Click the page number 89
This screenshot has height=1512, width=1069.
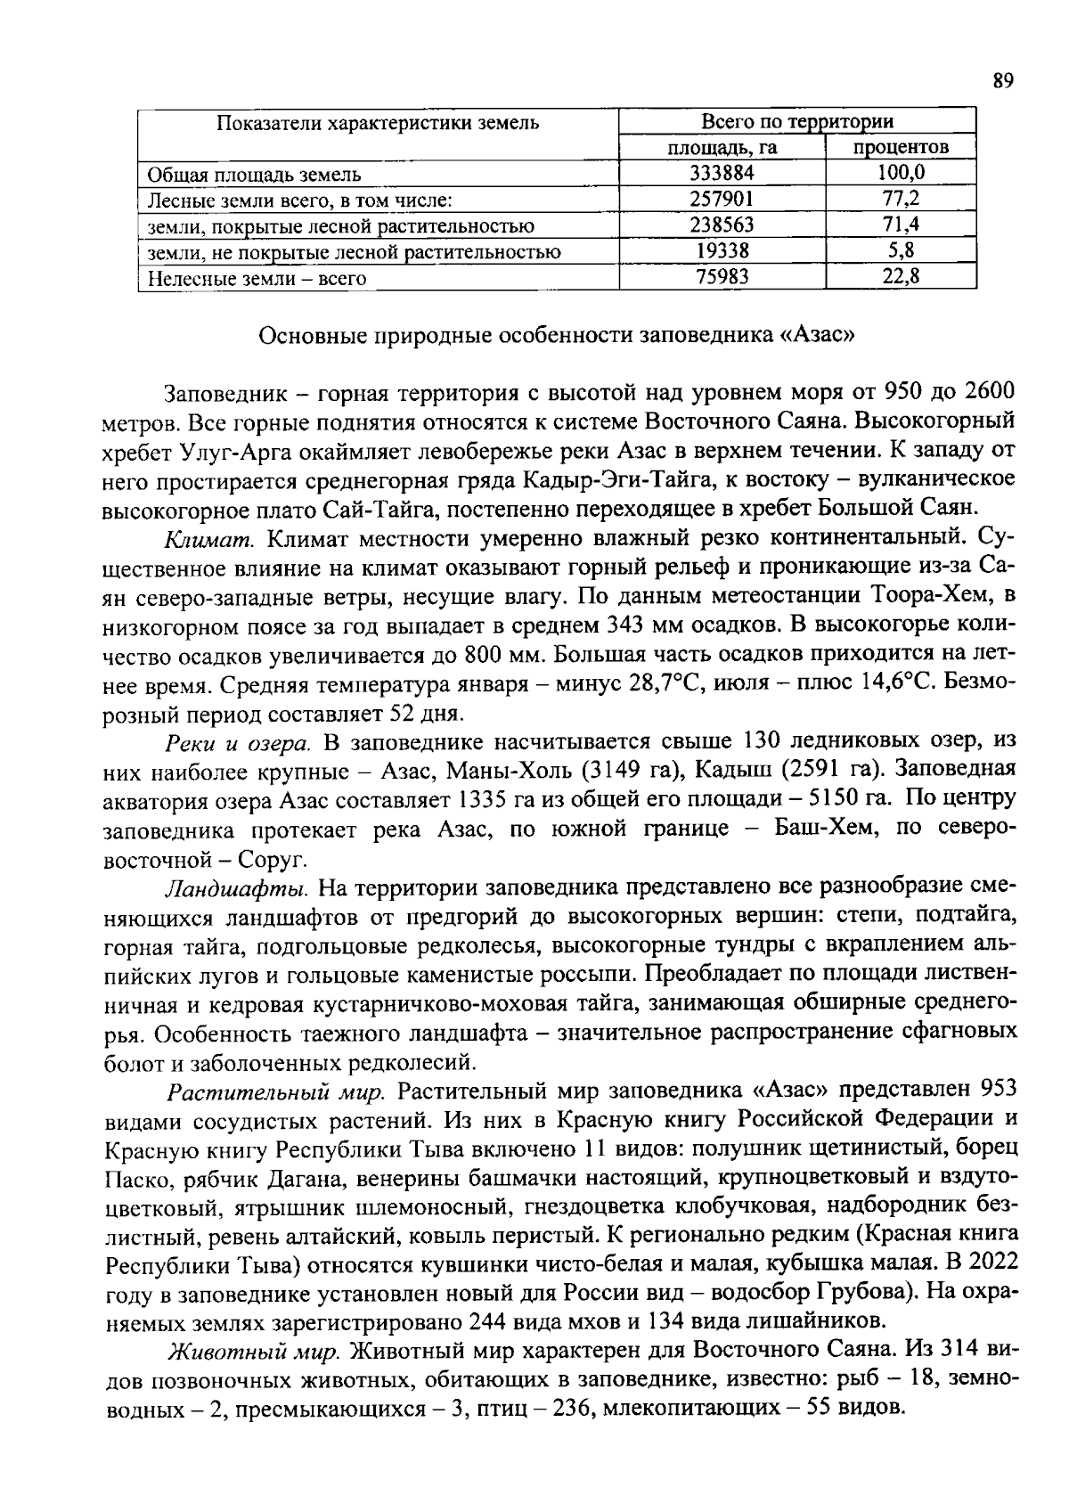coord(1003,81)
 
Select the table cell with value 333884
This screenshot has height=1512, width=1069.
coord(722,173)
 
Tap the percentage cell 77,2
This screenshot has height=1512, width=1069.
coord(901,199)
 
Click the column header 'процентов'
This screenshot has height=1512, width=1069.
coord(901,147)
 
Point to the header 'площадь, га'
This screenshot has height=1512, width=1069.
coord(722,147)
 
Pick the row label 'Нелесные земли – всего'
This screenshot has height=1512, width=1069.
coord(257,278)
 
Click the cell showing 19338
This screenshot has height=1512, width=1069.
coord(722,251)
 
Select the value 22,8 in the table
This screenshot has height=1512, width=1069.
coord(901,278)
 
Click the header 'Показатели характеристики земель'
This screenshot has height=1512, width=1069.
coord(379,122)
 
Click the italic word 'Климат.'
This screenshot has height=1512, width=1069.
coord(212,538)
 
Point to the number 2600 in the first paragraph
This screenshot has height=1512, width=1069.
coord(990,392)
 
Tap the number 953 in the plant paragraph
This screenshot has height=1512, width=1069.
coord(997,1091)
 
